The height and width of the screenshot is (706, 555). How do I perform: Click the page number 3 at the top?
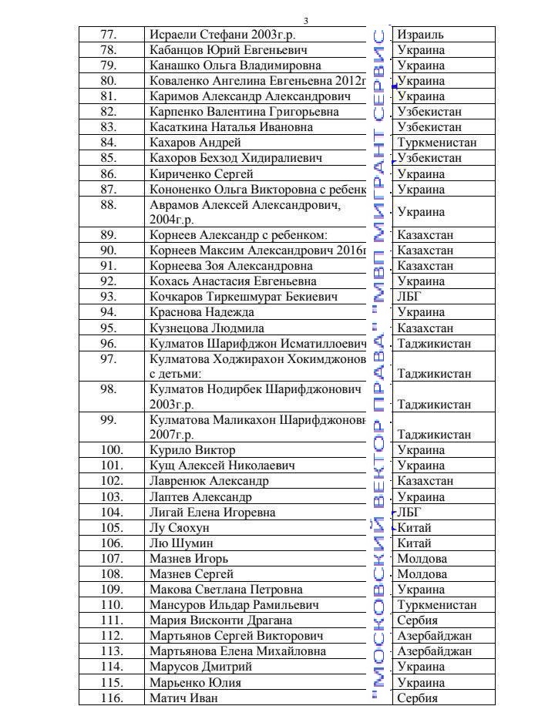305,20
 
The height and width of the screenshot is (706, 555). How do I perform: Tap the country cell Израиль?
420,35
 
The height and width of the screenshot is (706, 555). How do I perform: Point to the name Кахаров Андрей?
196,143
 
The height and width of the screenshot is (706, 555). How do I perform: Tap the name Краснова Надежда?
202,312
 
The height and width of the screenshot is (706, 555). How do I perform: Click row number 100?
112,450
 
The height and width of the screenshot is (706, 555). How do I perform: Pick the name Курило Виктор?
193,450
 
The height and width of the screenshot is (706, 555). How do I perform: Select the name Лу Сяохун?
180,528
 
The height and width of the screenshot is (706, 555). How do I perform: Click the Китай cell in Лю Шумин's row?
414,543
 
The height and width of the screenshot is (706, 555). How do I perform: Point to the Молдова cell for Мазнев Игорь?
422,559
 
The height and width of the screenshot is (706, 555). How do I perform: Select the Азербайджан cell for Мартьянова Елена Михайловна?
434,651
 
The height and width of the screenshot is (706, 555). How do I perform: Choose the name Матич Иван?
184,698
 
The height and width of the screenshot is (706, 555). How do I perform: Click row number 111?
112,620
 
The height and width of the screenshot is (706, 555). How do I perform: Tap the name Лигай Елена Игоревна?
212,513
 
